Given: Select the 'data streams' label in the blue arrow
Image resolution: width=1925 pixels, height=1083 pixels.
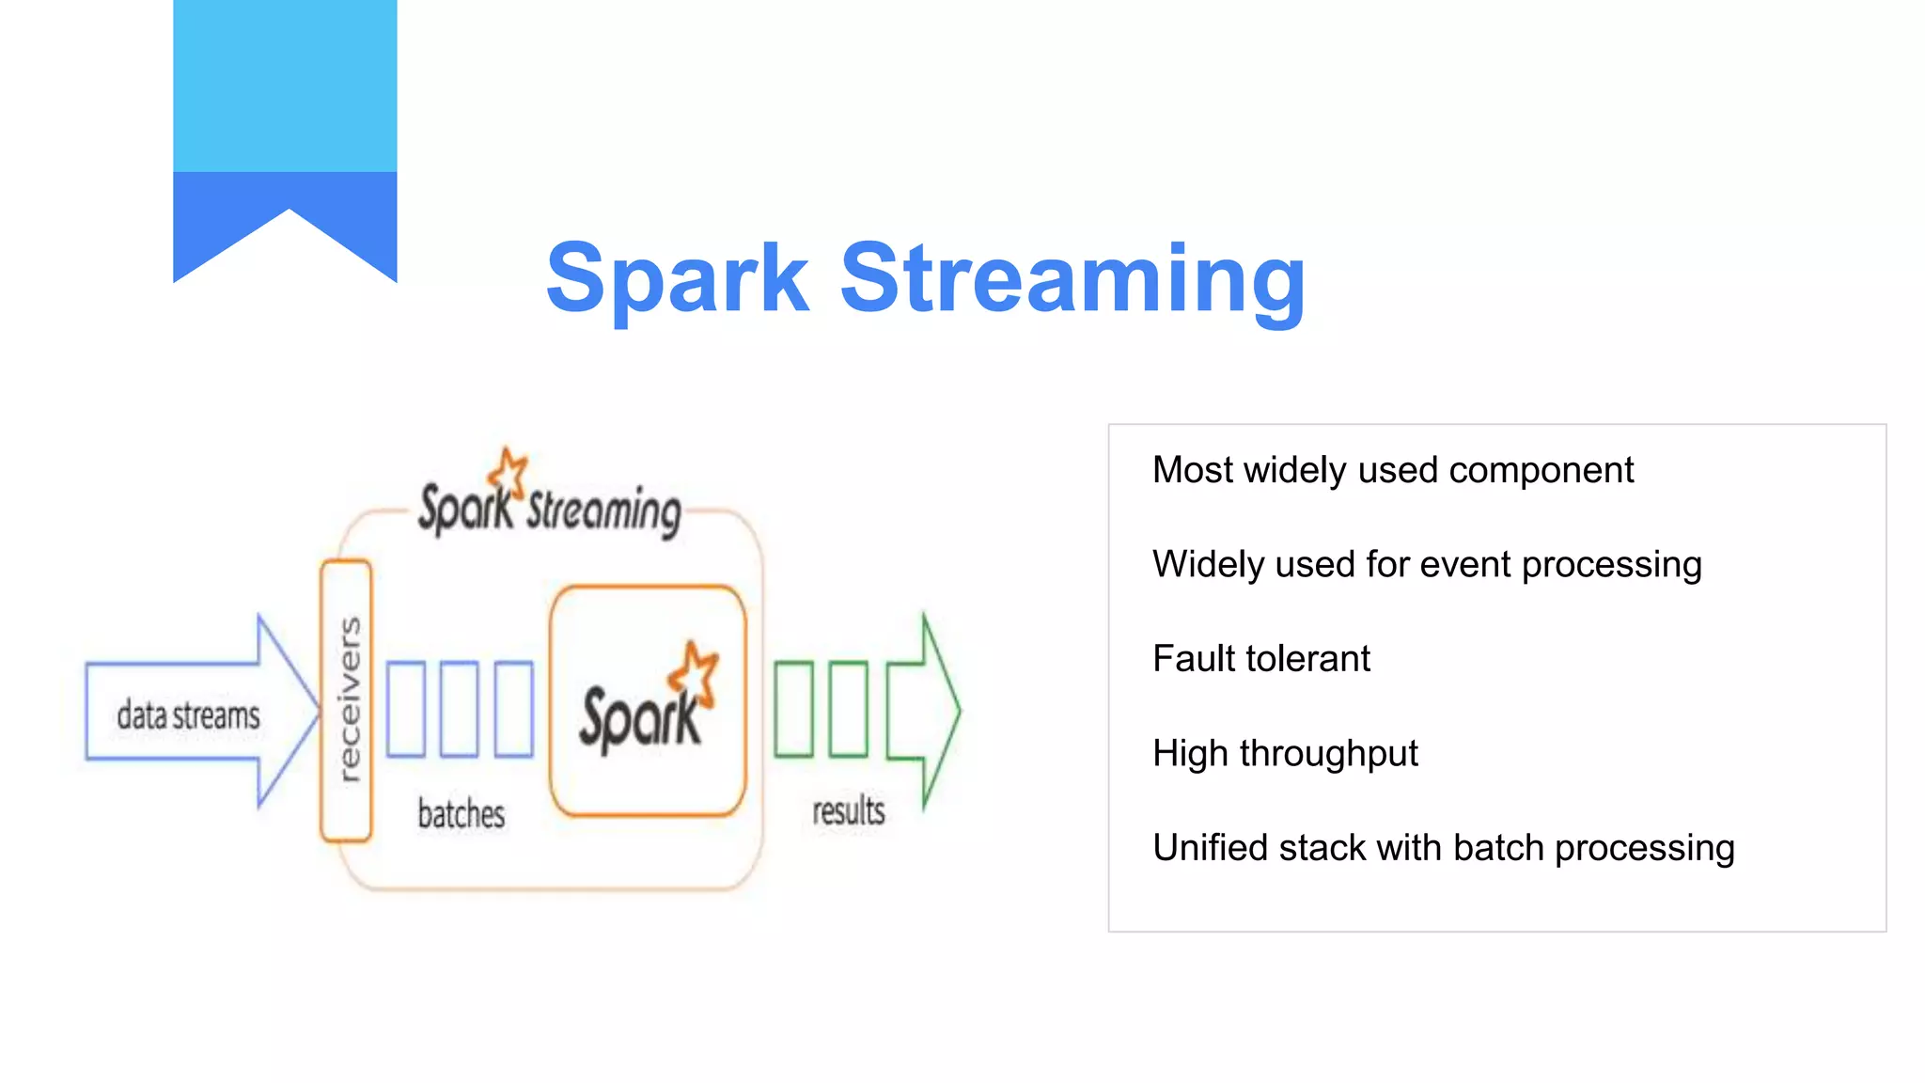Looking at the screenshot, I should pos(188,714).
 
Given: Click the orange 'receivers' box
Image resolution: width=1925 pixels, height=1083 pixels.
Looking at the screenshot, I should pos(346,700).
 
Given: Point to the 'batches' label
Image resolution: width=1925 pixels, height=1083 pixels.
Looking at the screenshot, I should pos(461,814).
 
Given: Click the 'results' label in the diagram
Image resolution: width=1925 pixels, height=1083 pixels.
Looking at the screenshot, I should pos(848,810).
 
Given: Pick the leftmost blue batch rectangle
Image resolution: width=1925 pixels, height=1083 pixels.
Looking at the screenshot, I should pos(406,709).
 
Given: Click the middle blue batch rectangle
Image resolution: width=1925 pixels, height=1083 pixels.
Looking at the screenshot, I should pos(460,709).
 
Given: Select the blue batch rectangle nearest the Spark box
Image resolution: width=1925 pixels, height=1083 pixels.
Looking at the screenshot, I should pos(513,709).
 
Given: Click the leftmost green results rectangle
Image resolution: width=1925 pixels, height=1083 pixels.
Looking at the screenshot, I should pos(793,709).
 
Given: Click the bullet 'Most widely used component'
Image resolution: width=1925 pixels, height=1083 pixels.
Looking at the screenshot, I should pos(1393,470).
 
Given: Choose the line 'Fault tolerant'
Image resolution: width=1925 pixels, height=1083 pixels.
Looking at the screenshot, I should pos(1261,659).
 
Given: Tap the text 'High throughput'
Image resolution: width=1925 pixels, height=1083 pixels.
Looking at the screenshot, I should pos(1285,753).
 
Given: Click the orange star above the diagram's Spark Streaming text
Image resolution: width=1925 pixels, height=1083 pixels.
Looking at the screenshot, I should pos(510,470).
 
